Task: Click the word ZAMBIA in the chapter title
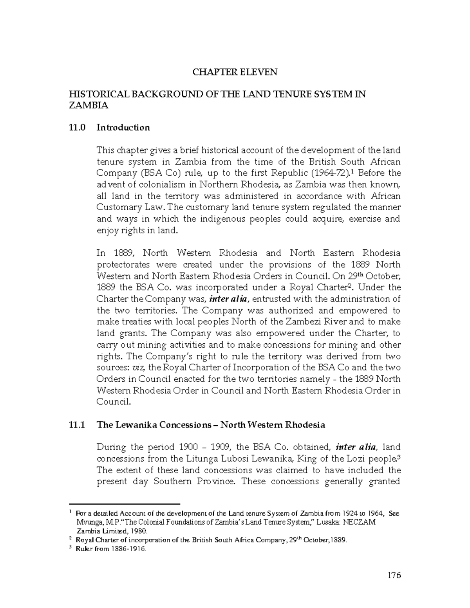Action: [88, 105]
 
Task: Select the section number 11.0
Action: [76, 128]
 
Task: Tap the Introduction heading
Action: [123, 128]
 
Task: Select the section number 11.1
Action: [76, 425]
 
